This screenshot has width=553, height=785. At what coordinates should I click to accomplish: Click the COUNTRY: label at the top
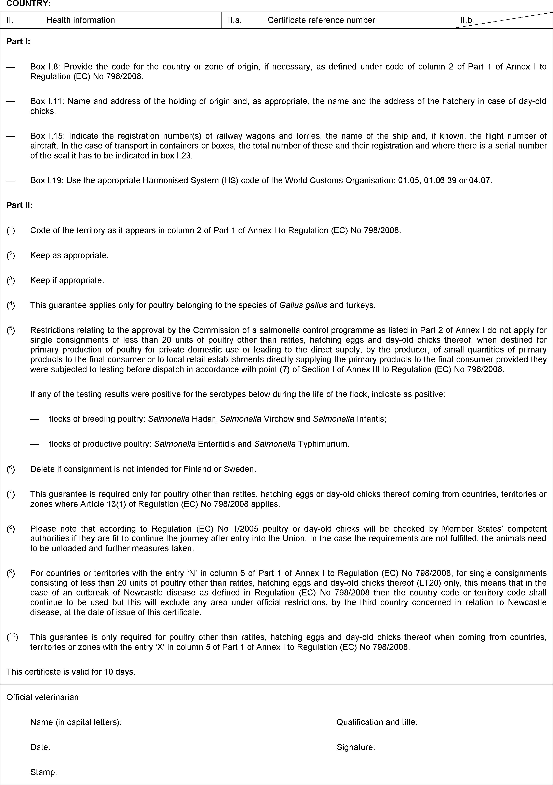[x=29, y=4]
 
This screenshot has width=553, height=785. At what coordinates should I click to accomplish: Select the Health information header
[x=81, y=20]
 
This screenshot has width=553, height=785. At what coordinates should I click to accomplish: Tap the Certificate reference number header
[x=321, y=20]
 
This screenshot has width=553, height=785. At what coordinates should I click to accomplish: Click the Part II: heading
[x=19, y=205]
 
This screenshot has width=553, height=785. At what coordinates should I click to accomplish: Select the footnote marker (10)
[x=13, y=637]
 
